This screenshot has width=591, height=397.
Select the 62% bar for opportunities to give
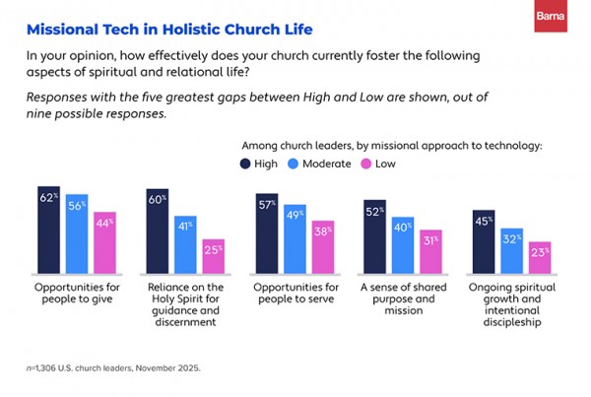[49, 233]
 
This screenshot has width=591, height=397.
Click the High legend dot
[244, 164]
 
